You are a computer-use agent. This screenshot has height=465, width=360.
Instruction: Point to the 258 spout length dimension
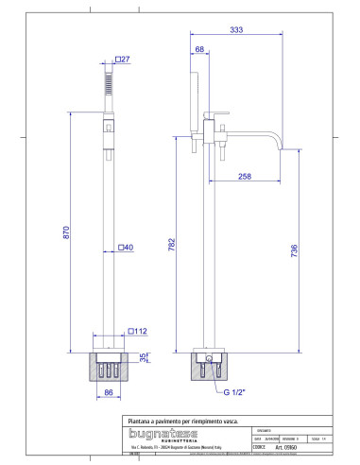(245, 176)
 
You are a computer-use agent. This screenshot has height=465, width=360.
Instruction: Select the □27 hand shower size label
(123, 60)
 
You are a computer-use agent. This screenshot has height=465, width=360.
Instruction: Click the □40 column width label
(125, 248)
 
